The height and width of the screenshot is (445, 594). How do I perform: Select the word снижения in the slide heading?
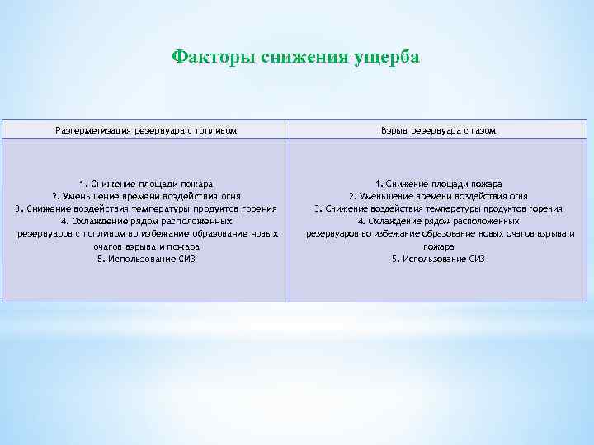coord(299,57)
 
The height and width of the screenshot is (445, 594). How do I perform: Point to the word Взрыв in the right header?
coord(395,131)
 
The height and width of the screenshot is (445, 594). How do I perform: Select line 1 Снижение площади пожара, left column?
coord(146,184)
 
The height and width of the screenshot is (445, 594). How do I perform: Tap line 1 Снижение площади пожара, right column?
coord(438,184)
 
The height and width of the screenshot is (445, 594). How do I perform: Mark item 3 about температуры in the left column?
coord(146,208)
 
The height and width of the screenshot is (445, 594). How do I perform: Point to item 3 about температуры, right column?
coord(438,208)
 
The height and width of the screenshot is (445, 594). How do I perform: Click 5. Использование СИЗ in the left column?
coord(146,259)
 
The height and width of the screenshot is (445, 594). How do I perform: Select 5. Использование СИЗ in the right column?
coord(438,259)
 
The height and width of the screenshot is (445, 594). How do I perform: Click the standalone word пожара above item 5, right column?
coord(438,246)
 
